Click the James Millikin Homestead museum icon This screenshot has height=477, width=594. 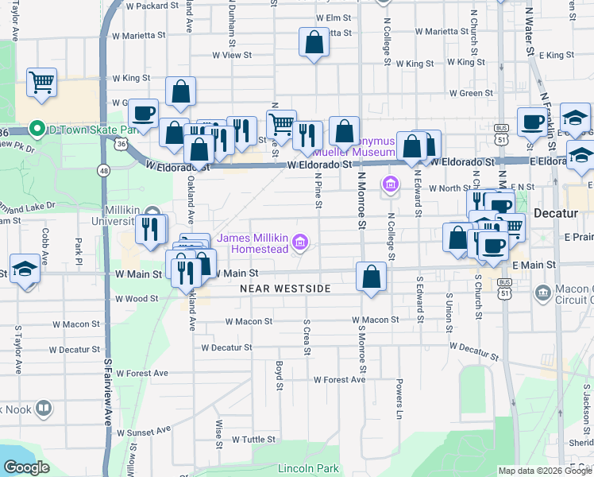tap(299, 241)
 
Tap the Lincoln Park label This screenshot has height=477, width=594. tap(308, 468)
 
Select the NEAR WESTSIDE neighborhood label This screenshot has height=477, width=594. tap(285, 289)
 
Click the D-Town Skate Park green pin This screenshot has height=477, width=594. tap(36, 129)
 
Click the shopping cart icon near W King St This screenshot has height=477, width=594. tap(41, 82)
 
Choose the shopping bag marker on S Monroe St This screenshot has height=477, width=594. tap(371, 277)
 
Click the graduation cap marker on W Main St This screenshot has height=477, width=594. tap(25, 268)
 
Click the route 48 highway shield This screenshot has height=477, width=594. tap(104, 170)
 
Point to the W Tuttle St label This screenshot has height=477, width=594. tap(253, 439)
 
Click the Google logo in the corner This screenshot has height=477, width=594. tap(27, 468)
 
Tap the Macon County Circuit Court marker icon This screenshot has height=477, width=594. tap(543, 293)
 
